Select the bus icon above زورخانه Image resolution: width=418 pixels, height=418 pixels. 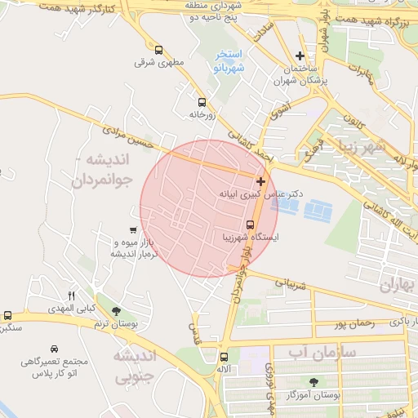click(202, 102)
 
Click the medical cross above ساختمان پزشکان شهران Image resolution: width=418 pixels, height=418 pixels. click(301, 56)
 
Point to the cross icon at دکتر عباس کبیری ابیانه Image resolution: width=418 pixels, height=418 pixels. click(260, 181)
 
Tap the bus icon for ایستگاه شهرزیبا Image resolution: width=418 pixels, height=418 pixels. click(250, 225)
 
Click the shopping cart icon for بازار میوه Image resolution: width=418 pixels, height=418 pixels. click(133, 230)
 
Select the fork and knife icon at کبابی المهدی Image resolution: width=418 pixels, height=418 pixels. click(71, 295)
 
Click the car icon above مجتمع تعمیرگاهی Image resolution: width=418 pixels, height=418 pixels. click(54, 348)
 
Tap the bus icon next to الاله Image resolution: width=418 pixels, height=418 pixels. click(224, 357)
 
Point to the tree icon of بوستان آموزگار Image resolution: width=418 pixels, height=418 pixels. click(313, 381)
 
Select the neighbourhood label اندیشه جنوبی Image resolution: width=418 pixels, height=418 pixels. click(133, 367)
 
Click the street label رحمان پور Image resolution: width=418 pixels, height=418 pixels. click(354, 323)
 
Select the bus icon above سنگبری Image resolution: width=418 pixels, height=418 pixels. click(7, 315)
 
